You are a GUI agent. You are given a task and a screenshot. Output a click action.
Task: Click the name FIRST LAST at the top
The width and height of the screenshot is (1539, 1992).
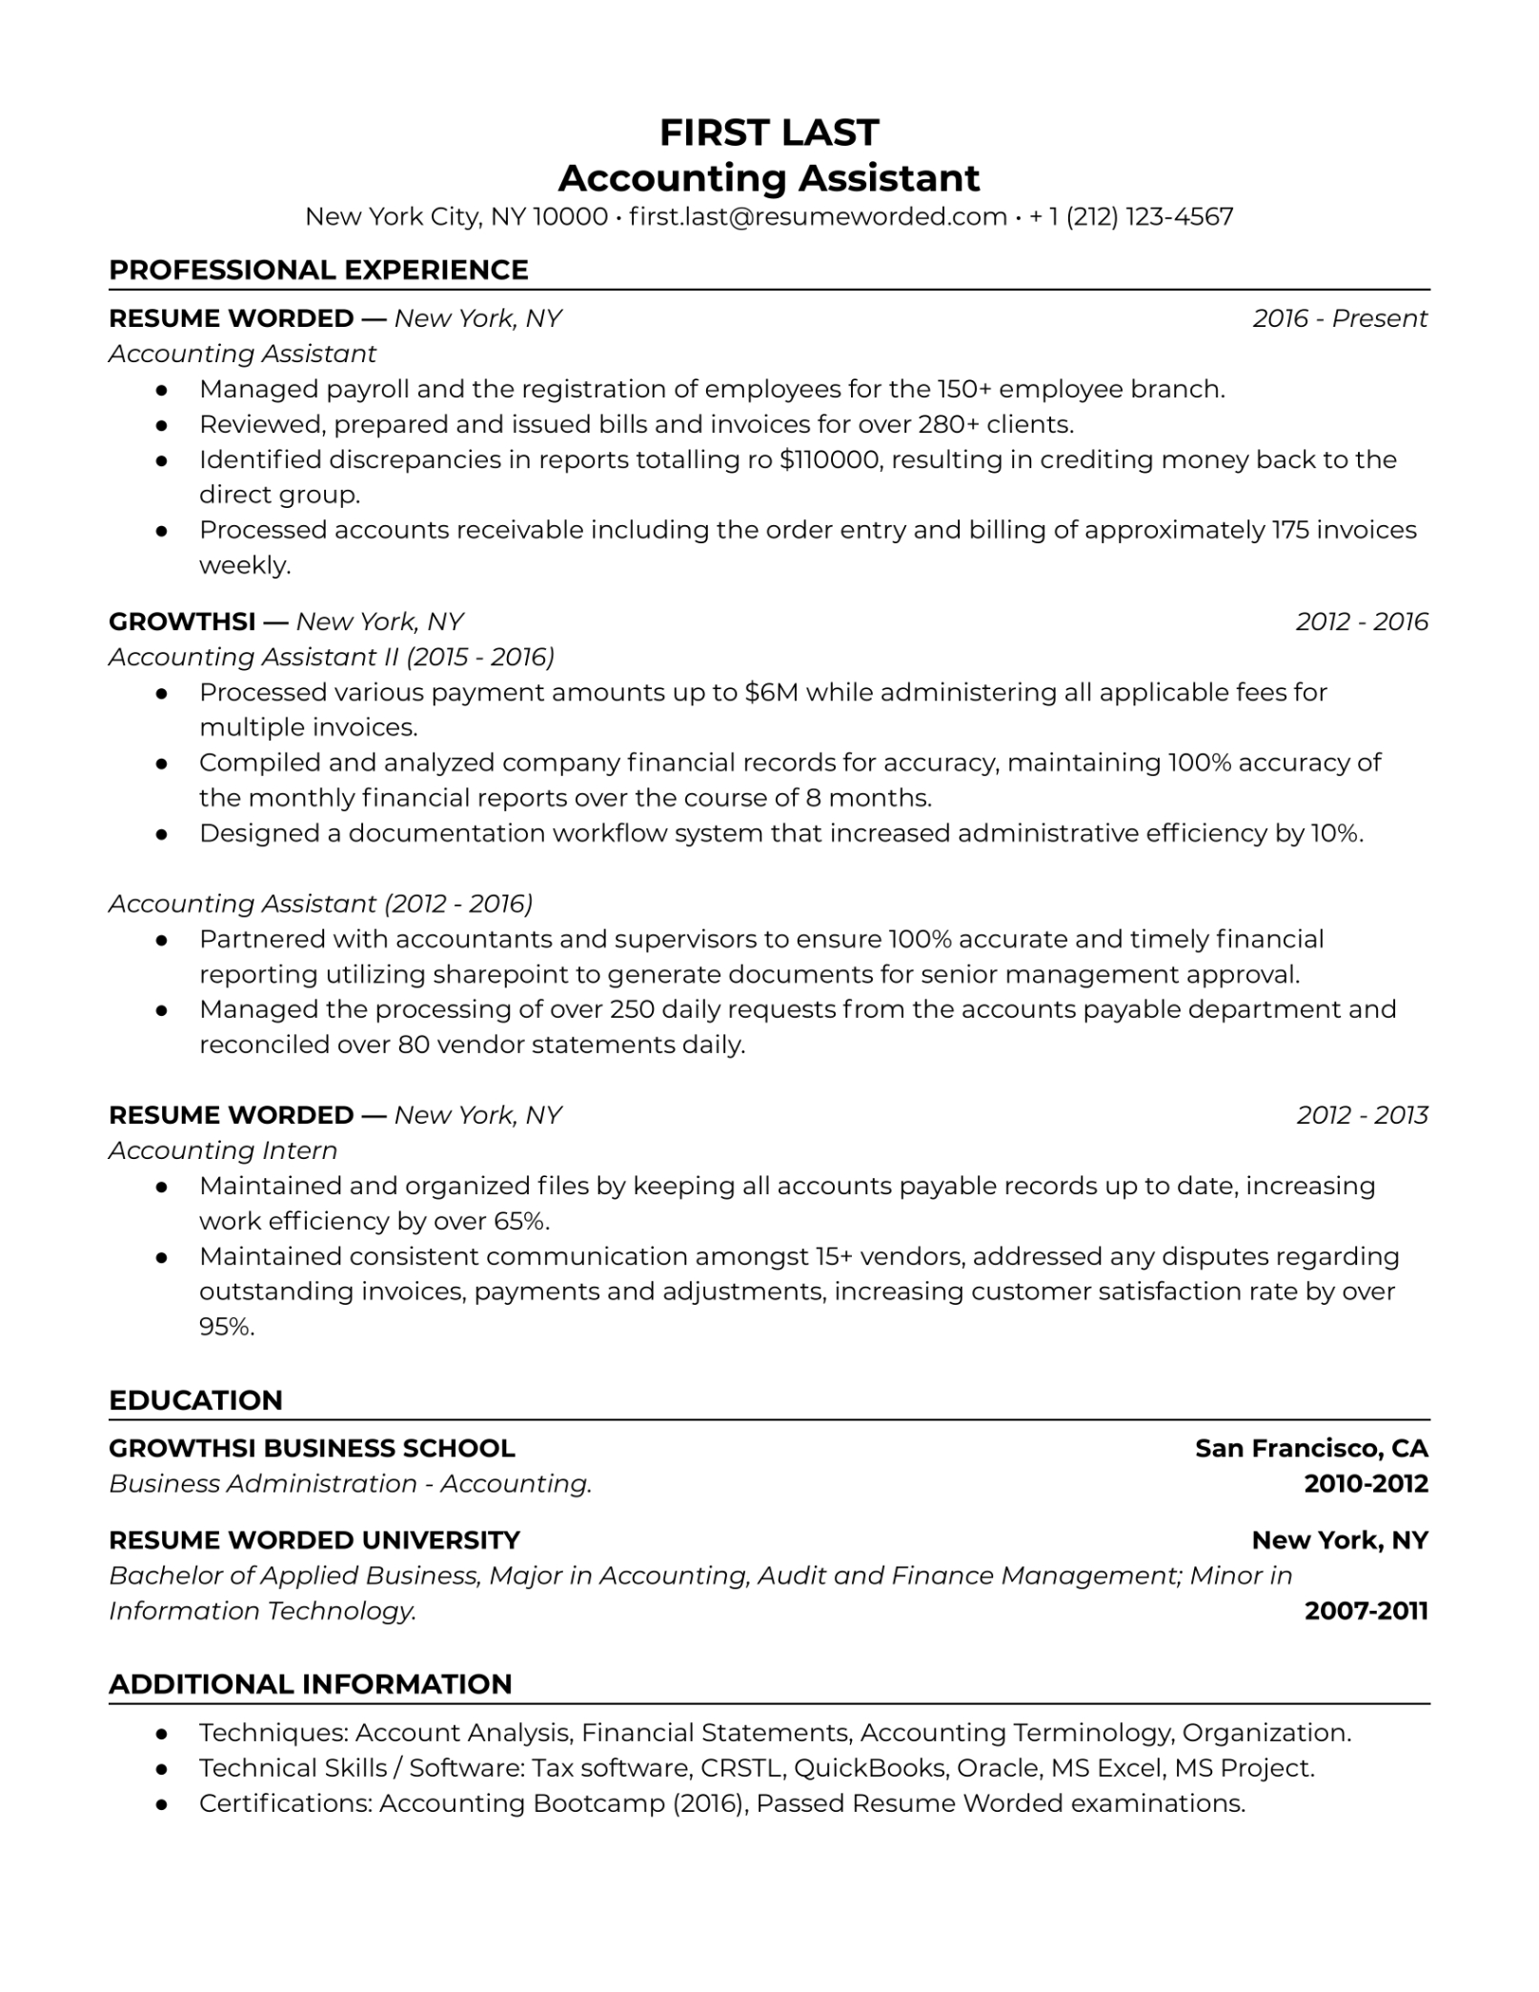pyautogui.click(x=768, y=132)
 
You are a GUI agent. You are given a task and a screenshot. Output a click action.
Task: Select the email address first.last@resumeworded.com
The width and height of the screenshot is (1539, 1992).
pyautogui.click(x=818, y=216)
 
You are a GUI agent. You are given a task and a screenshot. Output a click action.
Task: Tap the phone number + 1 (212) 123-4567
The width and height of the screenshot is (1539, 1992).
pyautogui.click(x=1131, y=216)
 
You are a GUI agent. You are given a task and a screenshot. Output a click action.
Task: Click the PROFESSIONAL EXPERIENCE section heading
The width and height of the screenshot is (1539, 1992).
pyautogui.click(x=318, y=270)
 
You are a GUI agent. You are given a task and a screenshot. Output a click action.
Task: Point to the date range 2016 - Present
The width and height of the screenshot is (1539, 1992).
pyautogui.click(x=1339, y=318)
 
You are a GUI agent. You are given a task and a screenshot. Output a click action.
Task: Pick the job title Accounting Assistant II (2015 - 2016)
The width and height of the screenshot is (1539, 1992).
pyautogui.click(x=332, y=657)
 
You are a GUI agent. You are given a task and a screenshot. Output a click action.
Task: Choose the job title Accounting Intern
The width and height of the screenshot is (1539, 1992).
pyautogui.click(x=223, y=1150)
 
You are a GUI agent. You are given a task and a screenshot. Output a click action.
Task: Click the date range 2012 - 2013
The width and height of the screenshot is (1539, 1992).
pyautogui.click(x=1362, y=1115)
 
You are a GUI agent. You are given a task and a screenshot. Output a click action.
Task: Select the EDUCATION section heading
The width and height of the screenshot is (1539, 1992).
pyautogui.click(x=195, y=1400)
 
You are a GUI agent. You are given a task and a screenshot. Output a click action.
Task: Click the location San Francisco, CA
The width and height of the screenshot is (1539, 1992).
pyautogui.click(x=1311, y=1449)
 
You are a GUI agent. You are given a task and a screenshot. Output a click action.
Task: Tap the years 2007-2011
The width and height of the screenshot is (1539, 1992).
pyautogui.click(x=1366, y=1611)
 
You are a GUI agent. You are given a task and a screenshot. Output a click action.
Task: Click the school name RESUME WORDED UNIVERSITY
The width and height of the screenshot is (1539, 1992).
pyautogui.click(x=314, y=1540)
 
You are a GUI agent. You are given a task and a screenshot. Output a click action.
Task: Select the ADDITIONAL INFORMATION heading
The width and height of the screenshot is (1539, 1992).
pyautogui.click(x=311, y=1684)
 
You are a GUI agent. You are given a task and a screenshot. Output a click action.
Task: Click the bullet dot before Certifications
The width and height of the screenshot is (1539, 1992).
pyautogui.click(x=162, y=1804)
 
